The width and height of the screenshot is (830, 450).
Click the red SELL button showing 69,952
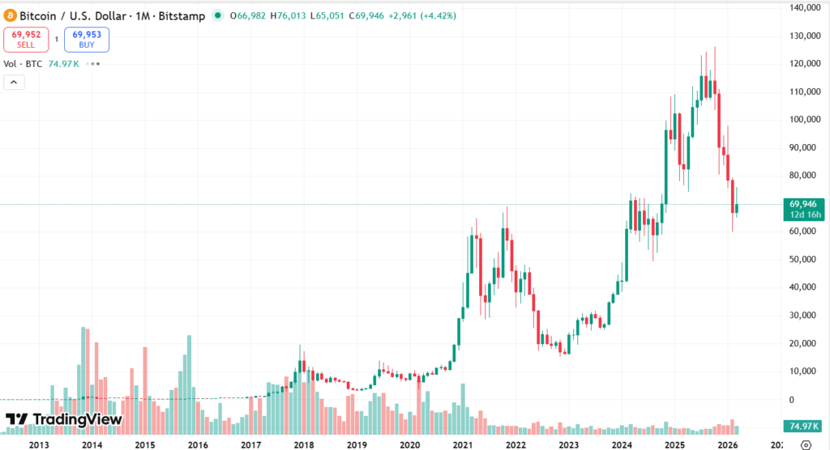tap(26, 39)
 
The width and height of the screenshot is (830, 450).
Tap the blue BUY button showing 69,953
tap(86, 39)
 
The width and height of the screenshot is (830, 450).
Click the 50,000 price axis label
tap(807, 259)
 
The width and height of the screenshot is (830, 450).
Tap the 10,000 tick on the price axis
tap(807, 371)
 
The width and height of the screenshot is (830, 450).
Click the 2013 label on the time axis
tap(39, 444)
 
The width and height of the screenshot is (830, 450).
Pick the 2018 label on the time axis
tap(304, 444)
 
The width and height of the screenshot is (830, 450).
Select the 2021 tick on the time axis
tap(463, 444)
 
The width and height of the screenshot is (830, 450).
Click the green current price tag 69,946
tap(803, 204)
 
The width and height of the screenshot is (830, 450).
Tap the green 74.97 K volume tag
tap(802, 427)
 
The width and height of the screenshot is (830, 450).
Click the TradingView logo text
tap(64, 419)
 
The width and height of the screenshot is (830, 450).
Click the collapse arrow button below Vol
tap(14, 82)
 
